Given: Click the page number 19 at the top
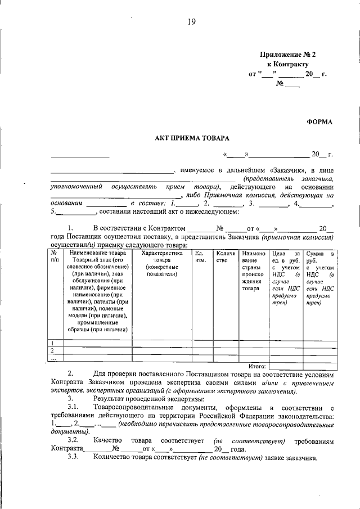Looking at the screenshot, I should click(191, 22).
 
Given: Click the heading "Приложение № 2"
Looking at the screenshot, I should click(288, 55).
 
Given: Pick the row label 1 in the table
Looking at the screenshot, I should click(53, 343).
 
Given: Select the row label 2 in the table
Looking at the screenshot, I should click(53, 350).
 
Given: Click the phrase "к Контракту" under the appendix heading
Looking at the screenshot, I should click(288, 64).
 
